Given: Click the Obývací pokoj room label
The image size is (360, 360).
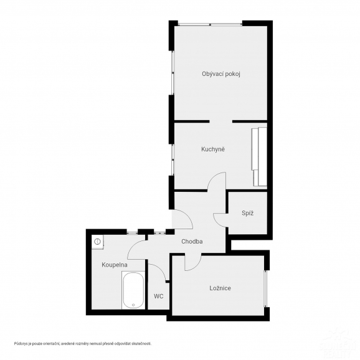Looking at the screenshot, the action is coord(221,74).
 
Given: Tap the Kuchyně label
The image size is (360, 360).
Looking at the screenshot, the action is coord(213,149).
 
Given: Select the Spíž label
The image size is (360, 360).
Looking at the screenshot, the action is coord(248,213).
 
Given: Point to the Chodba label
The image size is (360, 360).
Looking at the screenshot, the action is coord(192,242).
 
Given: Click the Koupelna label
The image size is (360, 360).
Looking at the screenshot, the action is coord(115,265).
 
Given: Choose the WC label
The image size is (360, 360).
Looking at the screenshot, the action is coord(159,296).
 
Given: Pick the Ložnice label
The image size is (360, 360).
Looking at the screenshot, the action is coord(220,288).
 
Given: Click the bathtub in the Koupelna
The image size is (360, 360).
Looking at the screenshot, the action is coord(133,290).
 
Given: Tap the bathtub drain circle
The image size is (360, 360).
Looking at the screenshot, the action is coord(133,305).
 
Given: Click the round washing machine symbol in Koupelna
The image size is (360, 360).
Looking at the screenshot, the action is coord(98,242).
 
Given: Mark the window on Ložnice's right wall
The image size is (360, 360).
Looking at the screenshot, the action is coord(265,289).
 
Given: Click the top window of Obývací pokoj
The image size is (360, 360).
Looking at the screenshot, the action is coord(210,24).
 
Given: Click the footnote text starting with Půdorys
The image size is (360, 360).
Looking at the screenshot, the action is coord(83,344).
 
